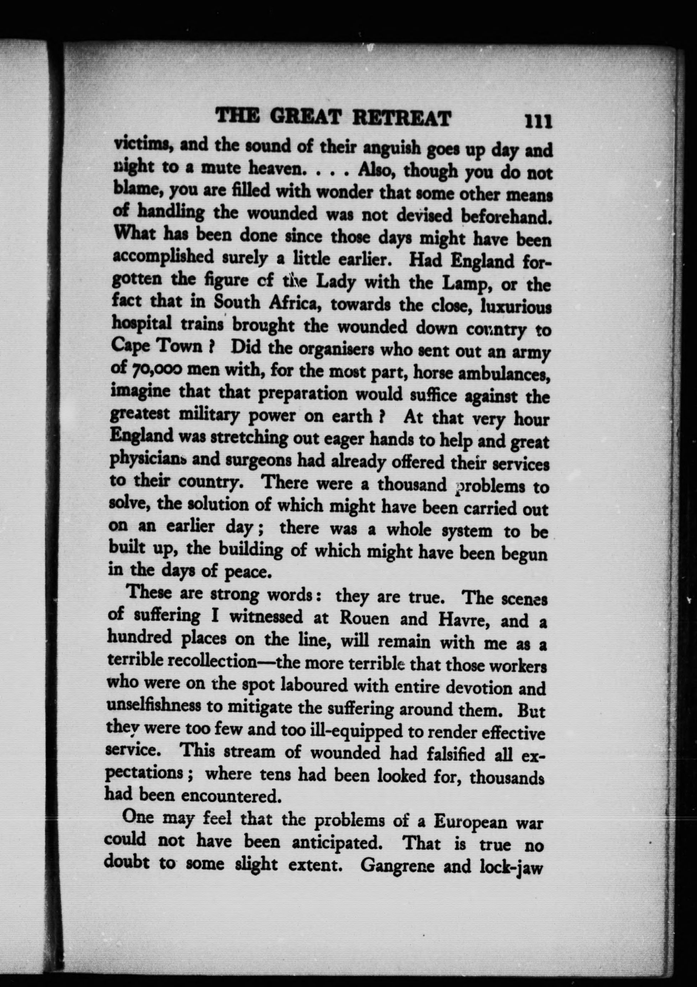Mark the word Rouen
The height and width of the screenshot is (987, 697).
365,619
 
